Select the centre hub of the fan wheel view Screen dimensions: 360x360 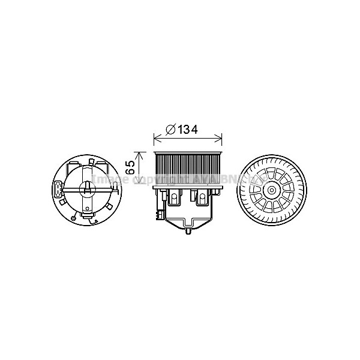pyautogui.click(x=271, y=191)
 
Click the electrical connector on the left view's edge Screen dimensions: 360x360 pyautogui.click(x=57, y=191)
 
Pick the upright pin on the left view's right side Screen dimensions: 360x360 pyautogui.click(x=112, y=188)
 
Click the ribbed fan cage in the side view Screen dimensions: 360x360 pyautogui.click(x=189, y=169)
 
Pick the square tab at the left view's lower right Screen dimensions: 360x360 pyautogui.click(x=110, y=208)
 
